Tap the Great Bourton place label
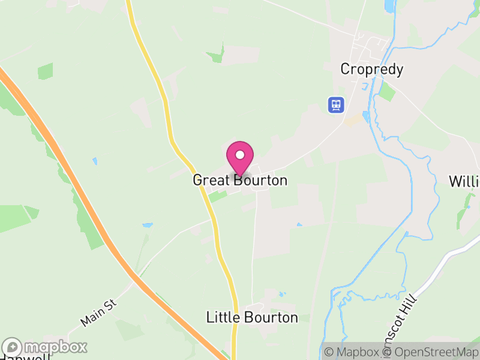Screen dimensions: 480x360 click(240, 180)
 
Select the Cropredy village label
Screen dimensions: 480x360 click(371, 69)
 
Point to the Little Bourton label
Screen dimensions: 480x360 click(252, 317)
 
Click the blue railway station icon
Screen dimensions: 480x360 click(335, 105)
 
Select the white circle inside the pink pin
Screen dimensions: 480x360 click(240, 155)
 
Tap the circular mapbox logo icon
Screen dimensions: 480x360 click(13, 347)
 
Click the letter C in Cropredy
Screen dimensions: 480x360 click(345, 69)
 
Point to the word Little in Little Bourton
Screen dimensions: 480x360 click(223, 317)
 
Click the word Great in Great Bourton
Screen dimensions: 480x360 click(211, 180)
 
